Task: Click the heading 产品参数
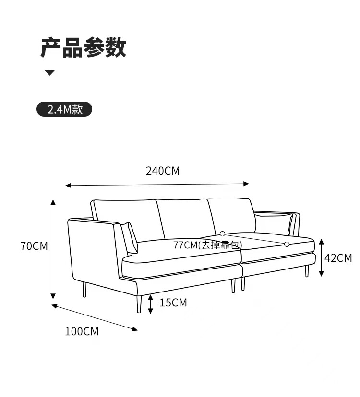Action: click(83, 48)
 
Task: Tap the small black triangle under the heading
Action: click(50, 73)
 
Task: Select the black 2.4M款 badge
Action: click(64, 110)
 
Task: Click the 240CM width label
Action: click(163, 171)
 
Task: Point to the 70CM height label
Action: click(34, 246)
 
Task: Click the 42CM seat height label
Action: click(338, 258)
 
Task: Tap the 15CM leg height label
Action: click(173, 303)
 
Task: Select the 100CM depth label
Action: click(82, 331)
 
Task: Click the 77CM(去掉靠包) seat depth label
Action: click(207, 245)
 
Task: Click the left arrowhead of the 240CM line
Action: click(68, 185)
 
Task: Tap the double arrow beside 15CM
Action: click(151, 304)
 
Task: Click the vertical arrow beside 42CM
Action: click(322, 257)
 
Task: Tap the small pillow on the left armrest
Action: click(130, 237)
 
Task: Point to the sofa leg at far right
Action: click(307, 270)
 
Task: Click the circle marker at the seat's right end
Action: click(287, 244)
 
